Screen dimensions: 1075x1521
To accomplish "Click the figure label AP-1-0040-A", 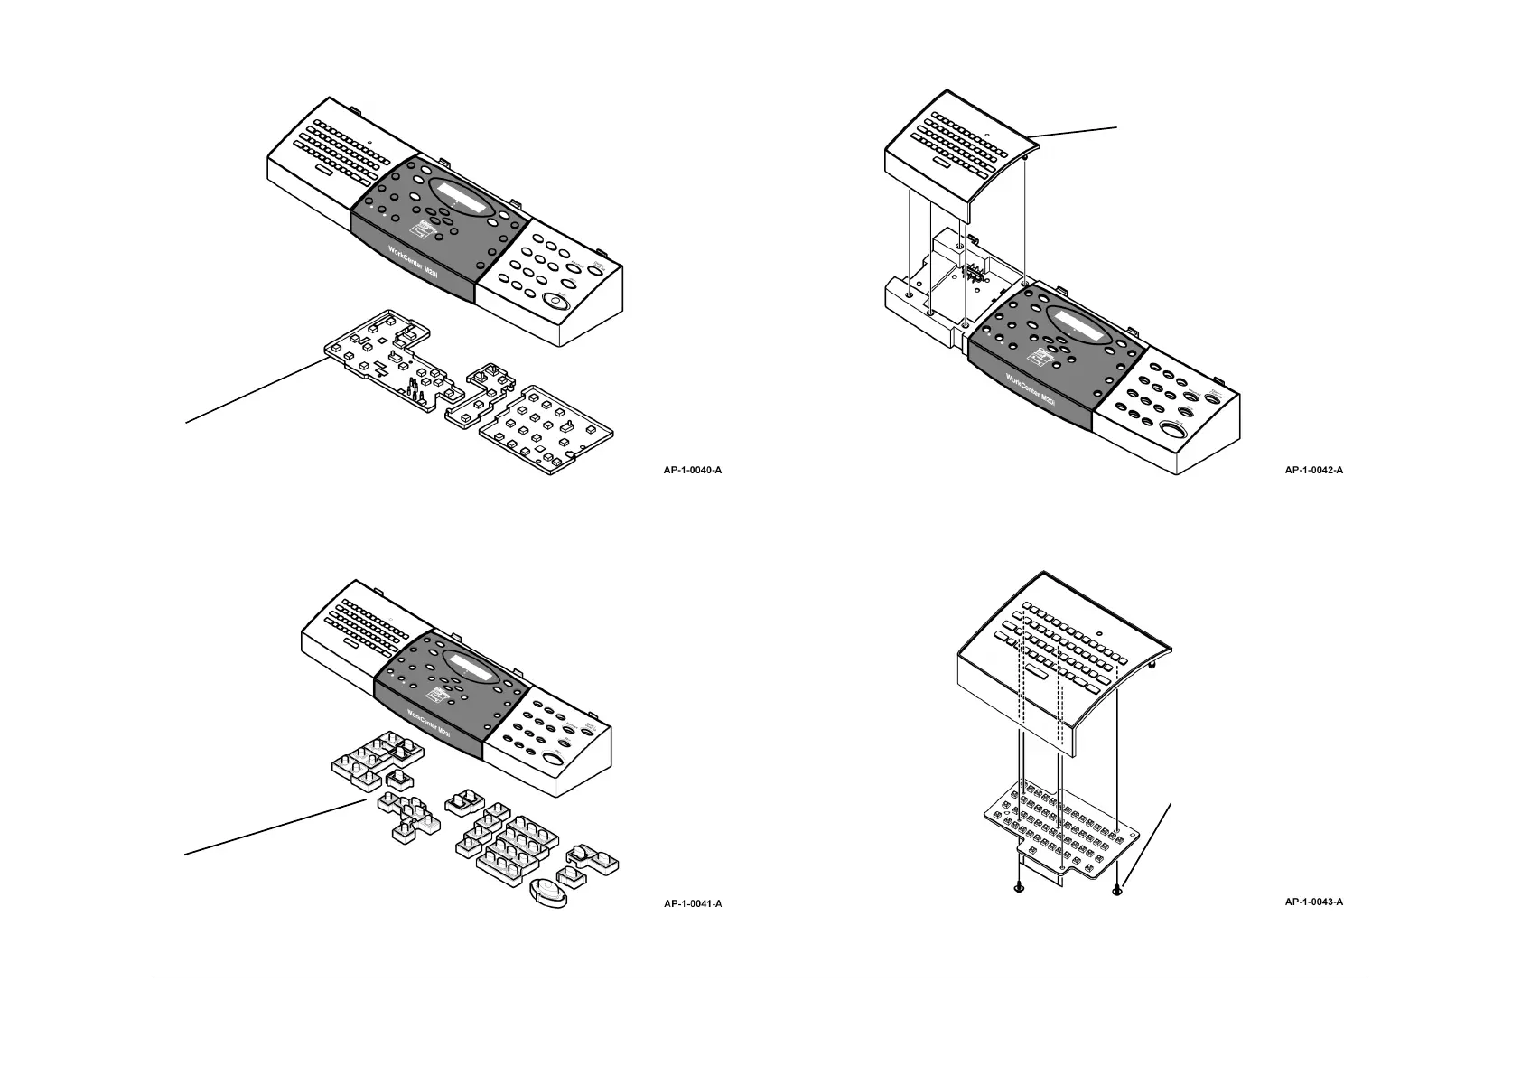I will [693, 470].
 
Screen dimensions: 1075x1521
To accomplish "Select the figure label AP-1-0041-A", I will [693, 902].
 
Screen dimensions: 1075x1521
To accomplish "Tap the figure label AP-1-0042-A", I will [1314, 470].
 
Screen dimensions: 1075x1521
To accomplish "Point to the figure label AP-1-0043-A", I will [1314, 902].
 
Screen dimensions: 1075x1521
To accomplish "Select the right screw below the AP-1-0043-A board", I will [1119, 890].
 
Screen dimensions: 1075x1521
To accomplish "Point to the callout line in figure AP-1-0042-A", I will [1075, 133].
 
